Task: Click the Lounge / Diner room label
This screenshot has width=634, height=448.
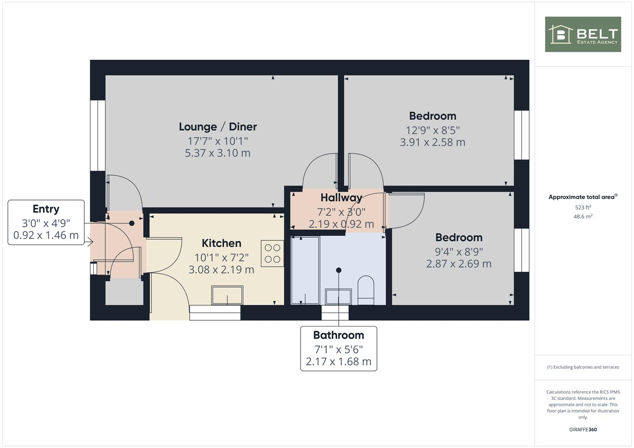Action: (x=218, y=127)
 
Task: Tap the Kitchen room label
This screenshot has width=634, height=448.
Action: (x=221, y=243)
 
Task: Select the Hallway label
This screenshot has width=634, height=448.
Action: (x=341, y=197)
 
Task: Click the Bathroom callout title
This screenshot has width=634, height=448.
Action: (x=338, y=335)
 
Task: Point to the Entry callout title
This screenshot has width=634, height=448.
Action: (x=46, y=209)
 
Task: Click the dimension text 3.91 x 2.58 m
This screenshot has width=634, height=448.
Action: (x=432, y=142)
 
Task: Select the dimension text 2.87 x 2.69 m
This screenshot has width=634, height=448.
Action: (x=459, y=264)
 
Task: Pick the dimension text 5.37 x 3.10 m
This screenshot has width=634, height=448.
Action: (x=218, y=153)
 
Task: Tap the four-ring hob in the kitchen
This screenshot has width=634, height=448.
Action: (x=272, y=253)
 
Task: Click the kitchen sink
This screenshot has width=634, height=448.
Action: (x=227, y=295)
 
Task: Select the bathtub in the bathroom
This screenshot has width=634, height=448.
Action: (x=305, y=270)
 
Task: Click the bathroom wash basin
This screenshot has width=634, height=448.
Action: (x=338, y=296)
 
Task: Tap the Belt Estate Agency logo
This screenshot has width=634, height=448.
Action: (x=583, y=34)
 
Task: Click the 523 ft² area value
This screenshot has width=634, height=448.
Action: (x=583, y=207)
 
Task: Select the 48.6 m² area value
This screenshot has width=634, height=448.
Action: (x=583, y=217)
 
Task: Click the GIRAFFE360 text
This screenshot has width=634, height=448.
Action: (x=583, y=429)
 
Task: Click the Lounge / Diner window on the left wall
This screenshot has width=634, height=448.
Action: (x=98, y=135)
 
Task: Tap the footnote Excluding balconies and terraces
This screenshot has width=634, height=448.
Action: (x=583, y=367)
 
